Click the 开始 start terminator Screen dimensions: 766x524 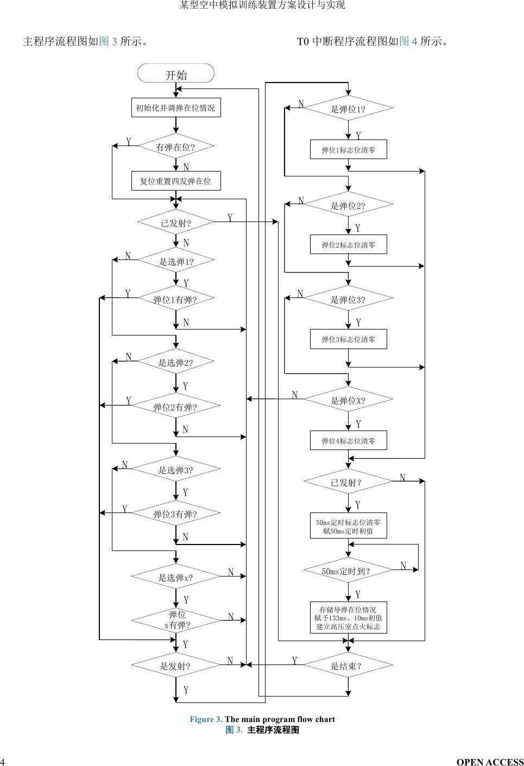176,74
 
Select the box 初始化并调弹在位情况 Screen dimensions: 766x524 176,107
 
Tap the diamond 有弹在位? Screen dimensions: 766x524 176,147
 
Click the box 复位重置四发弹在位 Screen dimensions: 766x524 176,181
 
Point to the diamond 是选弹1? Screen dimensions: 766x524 176,262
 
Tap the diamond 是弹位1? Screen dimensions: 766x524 348,109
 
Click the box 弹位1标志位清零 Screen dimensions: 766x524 348,149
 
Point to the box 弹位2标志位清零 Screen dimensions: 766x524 348,244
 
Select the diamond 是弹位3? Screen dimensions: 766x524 348,299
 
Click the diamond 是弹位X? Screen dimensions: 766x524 348,401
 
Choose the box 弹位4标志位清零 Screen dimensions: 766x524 348,440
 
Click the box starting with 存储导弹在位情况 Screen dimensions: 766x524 348,618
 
